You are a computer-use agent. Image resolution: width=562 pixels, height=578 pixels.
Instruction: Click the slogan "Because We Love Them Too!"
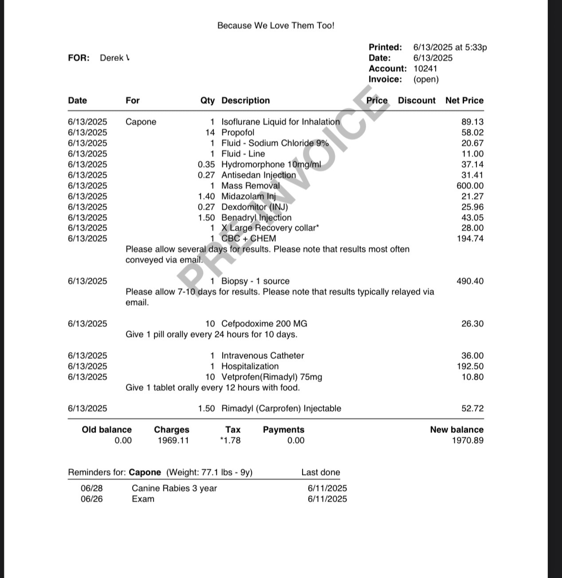275,26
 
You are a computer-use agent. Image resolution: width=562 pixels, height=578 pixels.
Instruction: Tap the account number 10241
425,69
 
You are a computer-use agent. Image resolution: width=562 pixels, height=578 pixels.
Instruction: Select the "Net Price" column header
464,101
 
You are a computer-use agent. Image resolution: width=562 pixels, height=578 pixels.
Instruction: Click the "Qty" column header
207,101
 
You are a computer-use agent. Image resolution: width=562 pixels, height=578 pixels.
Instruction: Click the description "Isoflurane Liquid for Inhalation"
280,122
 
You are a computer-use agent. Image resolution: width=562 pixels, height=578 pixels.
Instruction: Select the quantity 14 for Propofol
210,133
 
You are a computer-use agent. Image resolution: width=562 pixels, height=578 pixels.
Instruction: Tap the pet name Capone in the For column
141,122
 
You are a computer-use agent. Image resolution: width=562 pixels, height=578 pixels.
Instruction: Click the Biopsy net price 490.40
470,281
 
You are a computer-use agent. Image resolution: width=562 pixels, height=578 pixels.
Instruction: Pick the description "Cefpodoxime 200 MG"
264,324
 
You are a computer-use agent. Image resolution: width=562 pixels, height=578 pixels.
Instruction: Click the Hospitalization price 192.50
470,366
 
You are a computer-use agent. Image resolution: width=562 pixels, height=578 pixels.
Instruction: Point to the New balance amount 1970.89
468,440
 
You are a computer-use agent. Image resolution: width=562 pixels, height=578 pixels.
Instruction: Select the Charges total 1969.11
173,440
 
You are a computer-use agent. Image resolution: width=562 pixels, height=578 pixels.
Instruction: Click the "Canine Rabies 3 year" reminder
174,488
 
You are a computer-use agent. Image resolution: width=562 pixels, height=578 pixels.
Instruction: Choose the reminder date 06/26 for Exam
91,499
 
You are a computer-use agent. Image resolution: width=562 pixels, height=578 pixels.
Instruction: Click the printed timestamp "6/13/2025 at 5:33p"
450,47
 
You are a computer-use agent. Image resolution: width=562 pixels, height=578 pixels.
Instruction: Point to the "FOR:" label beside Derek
79,58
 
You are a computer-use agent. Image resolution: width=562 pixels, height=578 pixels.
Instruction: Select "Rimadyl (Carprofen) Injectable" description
281,409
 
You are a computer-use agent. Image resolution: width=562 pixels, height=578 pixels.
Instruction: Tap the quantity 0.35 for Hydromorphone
206,165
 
